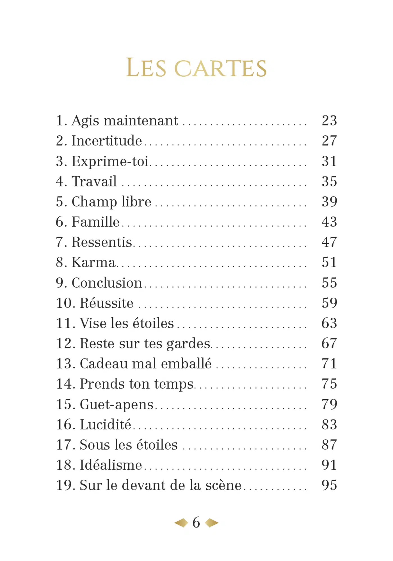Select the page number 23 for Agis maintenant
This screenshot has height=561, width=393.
329,120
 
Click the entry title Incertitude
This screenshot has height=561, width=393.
107,141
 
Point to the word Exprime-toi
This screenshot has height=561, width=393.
110,161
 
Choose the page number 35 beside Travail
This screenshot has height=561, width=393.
329,181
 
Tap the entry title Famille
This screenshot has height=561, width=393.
95,222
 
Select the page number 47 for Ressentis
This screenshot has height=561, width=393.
329,242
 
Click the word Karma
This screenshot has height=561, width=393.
93,263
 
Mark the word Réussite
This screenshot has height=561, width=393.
107,303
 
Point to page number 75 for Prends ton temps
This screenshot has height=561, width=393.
329,384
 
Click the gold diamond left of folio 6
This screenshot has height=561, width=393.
181,523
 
